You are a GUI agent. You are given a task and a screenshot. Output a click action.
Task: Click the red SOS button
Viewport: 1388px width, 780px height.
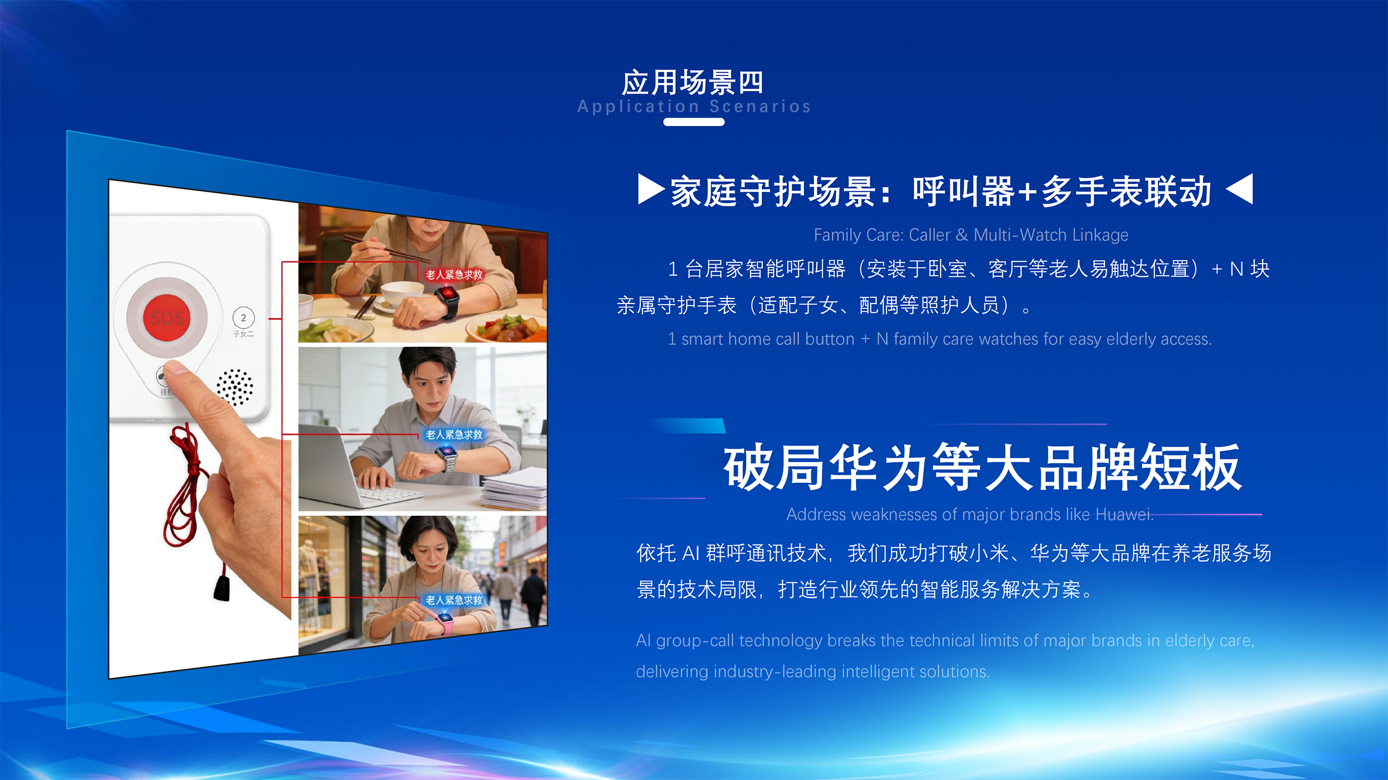167,317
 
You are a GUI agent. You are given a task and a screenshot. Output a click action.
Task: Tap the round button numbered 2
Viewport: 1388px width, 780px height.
243,318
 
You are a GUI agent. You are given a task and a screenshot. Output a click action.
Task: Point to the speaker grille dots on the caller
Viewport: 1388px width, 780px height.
234,387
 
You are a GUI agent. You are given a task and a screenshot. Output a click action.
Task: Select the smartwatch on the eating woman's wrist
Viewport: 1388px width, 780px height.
447,300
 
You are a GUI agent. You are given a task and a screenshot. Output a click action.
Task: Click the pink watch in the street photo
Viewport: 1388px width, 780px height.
446,624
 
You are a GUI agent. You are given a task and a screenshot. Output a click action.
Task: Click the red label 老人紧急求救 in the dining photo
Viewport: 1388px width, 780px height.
454,275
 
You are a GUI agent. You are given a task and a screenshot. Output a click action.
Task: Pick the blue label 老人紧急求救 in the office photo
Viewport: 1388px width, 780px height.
454,435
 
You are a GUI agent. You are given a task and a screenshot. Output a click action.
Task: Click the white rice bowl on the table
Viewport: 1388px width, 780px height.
403,295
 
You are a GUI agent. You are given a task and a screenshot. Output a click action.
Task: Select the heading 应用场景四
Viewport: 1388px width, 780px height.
693,83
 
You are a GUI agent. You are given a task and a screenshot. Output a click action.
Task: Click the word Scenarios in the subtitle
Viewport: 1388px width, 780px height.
760,107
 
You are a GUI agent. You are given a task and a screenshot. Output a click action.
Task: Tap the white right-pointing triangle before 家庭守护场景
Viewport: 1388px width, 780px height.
651,189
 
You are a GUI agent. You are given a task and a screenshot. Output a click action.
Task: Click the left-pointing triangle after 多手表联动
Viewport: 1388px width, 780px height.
1239,189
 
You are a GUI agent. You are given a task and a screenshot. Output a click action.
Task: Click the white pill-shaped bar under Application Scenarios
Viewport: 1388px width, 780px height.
694,122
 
